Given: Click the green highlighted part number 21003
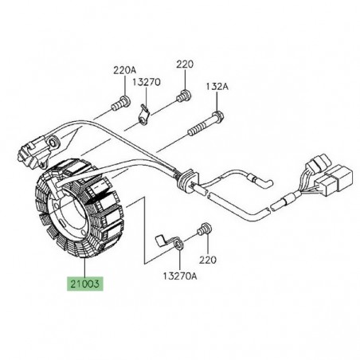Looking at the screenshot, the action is tap(84, 282).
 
